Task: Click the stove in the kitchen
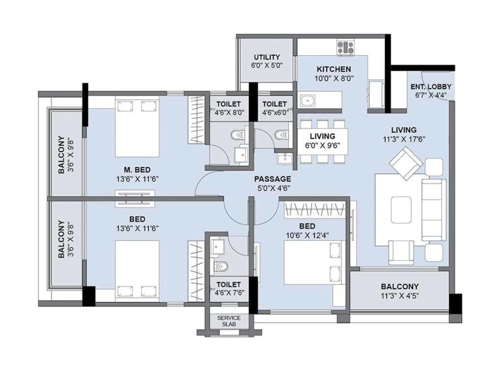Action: point(345,48)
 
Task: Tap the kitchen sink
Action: point(307,100)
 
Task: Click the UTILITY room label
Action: point(267,57)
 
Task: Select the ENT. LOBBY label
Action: point(430,87)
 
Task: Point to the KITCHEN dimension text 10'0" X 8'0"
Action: point(334,78)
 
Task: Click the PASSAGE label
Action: point(272,179)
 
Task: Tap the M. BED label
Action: point(137,170)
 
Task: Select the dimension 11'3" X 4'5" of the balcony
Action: point(400,296)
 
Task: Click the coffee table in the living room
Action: point(401,210)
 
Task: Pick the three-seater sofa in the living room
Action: point(434,210)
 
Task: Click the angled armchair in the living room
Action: point(406,163)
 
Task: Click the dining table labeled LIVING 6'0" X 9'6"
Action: point(322,141)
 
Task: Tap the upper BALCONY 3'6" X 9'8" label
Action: point(65,154)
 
